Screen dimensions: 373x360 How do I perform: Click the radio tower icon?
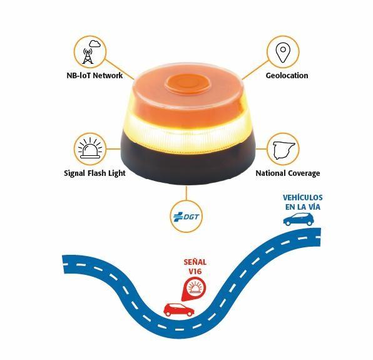[x=87, y=56]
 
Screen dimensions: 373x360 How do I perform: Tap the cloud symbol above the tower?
[x=95, y=44]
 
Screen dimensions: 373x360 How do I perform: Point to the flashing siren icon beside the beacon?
[x=89, y=149]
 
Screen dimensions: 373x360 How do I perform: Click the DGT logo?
[x=186, y=217]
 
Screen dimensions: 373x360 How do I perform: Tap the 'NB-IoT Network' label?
[x=95, y=75]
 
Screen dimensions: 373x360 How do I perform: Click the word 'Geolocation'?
[x=287, y=75]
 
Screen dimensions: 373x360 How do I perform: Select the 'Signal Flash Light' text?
[x=95, y=173]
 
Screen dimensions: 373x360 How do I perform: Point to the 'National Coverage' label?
[x=288, y=173]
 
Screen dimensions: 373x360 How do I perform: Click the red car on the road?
[x=179, y=310]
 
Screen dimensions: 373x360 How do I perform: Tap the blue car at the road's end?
[x=299, y=219]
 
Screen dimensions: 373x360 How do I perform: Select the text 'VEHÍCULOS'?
[x=302, y=197]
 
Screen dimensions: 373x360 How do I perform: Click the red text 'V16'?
[x=195, y=271]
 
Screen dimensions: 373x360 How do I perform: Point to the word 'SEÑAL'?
[x=195, y=262]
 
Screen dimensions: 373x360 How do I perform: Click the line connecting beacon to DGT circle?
[x=186, y=193]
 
